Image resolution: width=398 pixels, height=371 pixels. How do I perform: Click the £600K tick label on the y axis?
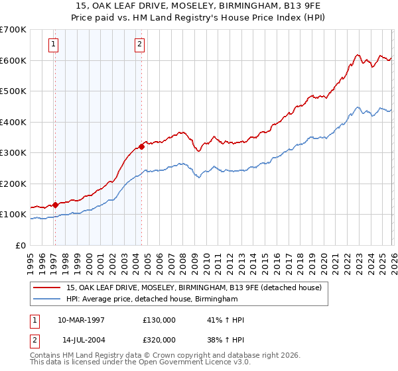tap(13, 60)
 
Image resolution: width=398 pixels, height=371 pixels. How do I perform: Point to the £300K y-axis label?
tap(13, 153)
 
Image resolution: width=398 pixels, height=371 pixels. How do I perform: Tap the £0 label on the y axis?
tap(21, 246)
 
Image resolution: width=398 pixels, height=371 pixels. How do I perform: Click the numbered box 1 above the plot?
tap(54, 45)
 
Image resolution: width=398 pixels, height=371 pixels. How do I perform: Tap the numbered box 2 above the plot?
tap(140, 45)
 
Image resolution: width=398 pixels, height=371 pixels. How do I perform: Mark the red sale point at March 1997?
tap(55, 205)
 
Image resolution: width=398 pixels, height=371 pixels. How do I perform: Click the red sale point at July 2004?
tap(141, 146)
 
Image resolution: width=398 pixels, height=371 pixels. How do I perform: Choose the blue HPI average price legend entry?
tap(152, 299)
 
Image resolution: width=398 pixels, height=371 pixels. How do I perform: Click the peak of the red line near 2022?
tap(357, 55)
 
